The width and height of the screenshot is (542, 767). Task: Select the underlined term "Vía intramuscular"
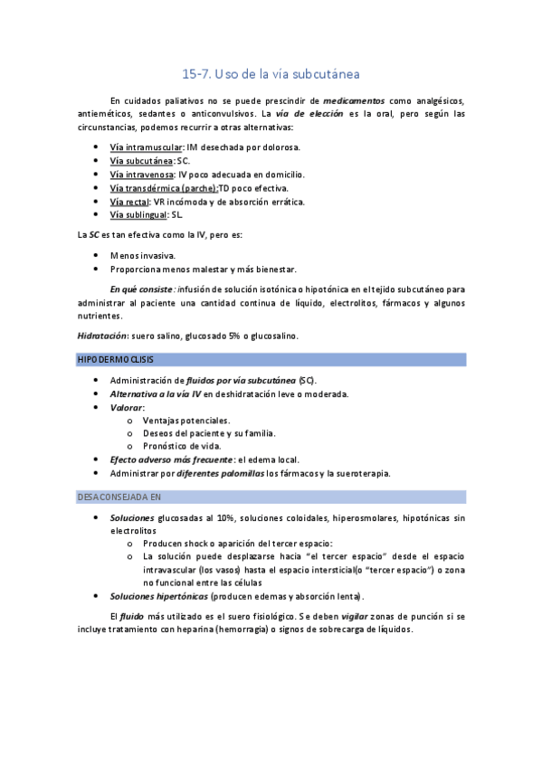(x=145, y=147)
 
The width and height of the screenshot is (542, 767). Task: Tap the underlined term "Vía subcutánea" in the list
(x=141, y=160)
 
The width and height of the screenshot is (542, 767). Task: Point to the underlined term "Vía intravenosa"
(x=142, y=174)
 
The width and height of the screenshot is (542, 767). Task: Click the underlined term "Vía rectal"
(x=129, y=201)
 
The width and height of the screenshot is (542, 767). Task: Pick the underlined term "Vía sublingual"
(x=138, y=214)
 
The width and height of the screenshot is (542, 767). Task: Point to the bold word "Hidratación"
(x=101, y=336)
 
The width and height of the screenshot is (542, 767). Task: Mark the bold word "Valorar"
(x=127, y=407)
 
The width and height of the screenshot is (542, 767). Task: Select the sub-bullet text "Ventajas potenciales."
(x=186, y=421)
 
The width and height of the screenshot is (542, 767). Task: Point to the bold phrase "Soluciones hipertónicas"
(x=158, y=596)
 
